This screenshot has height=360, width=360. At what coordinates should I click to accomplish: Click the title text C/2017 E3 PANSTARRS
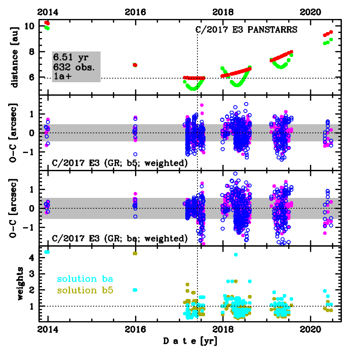246,31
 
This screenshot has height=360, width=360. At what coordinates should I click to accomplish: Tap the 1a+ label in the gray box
61,77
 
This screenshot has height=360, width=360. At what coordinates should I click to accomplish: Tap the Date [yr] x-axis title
190,342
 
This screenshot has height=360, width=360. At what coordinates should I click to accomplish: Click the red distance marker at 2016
135,65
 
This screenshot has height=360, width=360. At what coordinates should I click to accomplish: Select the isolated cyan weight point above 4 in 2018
235,255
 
